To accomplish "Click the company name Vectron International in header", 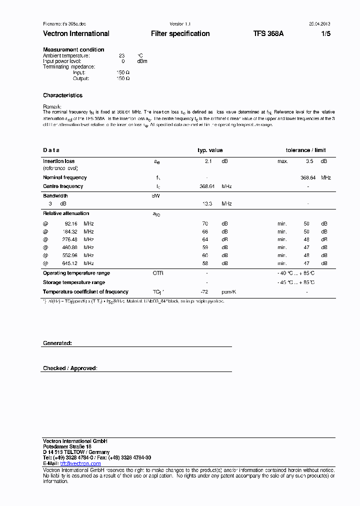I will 76,33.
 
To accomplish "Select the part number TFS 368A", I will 268,33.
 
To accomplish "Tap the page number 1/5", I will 325,33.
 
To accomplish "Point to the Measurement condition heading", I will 73,49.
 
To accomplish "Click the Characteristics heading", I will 62,95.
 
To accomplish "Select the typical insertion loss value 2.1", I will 208,161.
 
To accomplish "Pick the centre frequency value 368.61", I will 207,186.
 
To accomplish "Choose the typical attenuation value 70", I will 204,223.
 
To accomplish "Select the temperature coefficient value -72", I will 204,292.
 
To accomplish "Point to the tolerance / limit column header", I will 305,150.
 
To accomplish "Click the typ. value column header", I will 210,150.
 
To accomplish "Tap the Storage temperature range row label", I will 74,282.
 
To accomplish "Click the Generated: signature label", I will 57,343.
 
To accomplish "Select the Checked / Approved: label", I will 70,368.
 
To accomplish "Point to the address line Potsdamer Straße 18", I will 67,446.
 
